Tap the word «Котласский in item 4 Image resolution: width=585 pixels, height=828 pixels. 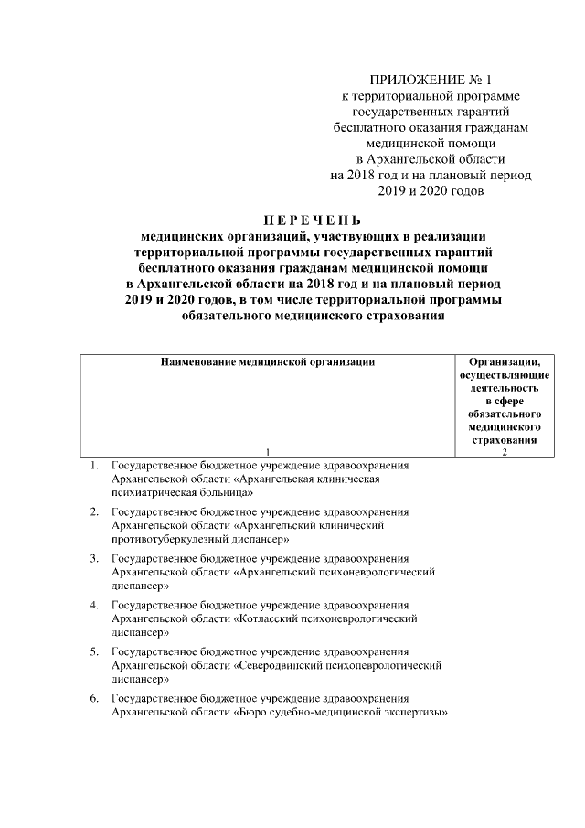click(x=267, y=618)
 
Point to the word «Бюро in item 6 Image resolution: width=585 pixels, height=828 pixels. click(x=255, y=713)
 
